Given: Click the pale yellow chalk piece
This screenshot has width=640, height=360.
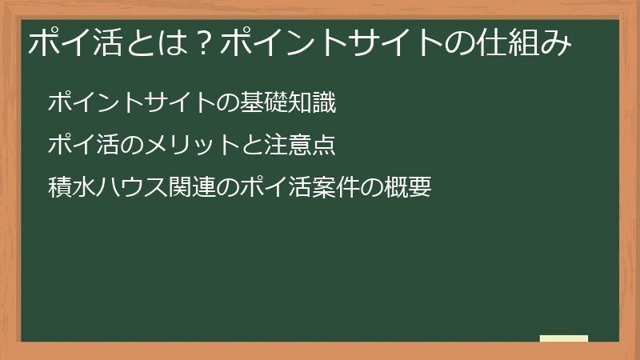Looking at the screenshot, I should [x=563, y=338].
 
